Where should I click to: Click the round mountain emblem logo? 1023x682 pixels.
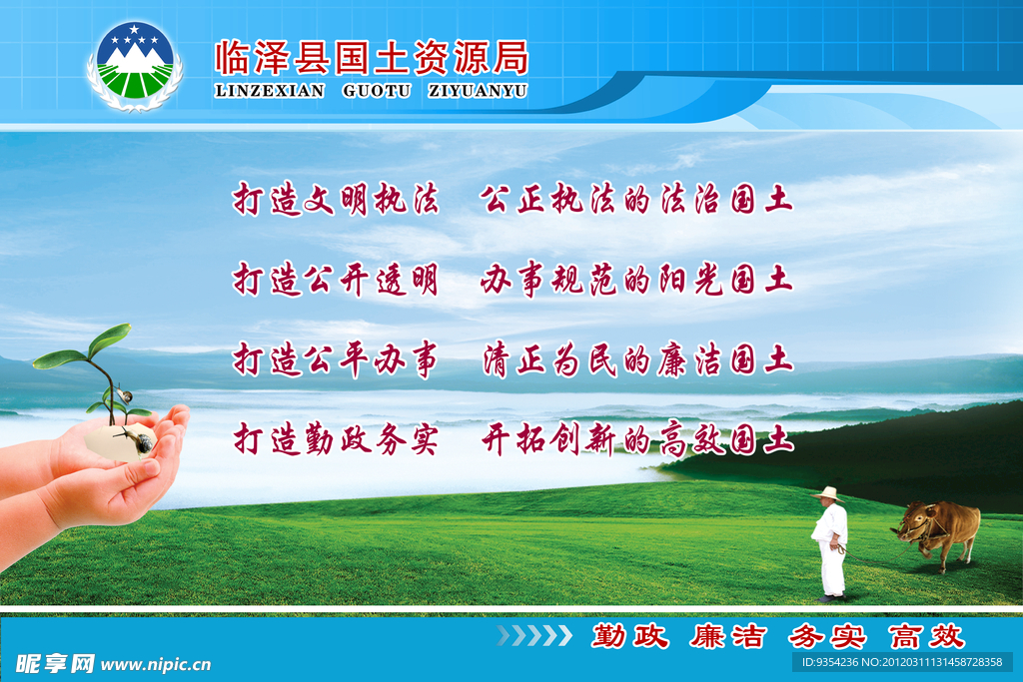click(x=135, y=65)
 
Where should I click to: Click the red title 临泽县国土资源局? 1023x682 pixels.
click(x=372, y=58)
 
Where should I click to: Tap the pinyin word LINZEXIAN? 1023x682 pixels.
click(x=270, y=91)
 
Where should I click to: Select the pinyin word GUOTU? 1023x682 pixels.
click(x=377, y=91)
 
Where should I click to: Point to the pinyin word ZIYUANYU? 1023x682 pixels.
click(x=478, y=91)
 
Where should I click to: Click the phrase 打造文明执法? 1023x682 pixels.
click(x=336, y=199)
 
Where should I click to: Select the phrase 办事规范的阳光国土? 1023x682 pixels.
click(x=636, y=280)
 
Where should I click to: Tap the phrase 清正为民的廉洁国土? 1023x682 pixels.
click(x=637, y=359)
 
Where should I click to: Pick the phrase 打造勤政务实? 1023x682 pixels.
click(x=336, y=438)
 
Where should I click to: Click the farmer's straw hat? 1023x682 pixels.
click(x=828, y=493)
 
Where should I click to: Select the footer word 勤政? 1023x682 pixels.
click(x=630, y=636)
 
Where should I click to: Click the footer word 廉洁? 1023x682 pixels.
click(x=728, y=636)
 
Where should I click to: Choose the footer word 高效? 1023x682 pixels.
click(x=926, y=636)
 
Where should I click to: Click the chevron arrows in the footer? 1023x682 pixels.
click(x=534, y=636)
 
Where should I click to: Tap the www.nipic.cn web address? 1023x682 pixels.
click(x=156, y=664)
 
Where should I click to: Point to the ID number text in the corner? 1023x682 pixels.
click(x=902, y=662)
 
